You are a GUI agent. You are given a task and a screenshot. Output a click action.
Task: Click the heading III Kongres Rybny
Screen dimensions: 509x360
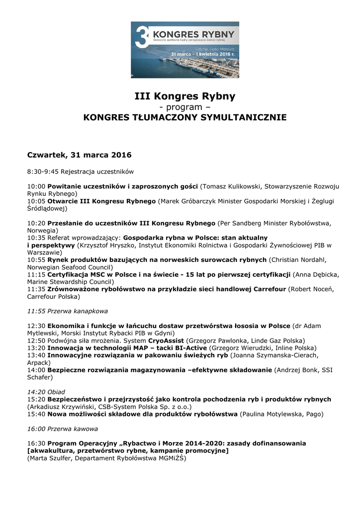(x=184, y=96)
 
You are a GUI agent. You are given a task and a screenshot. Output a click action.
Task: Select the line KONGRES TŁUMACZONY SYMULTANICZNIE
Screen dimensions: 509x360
(x=184, y=118)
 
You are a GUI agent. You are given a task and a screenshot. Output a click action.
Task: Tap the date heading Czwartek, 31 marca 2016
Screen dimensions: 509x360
(x=79, y=155)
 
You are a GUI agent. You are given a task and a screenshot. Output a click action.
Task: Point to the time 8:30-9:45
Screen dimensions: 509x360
(x=43, y=172)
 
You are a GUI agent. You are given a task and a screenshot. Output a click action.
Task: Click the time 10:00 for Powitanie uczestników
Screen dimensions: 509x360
(x=36, y=186)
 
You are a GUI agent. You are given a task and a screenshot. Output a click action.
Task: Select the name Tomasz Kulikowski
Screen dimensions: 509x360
(x=231, y=186)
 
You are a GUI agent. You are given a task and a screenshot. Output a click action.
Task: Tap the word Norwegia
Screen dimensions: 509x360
(x=42, y=231)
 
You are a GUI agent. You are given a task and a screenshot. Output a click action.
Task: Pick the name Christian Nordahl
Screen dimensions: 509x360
(x=297, y=259)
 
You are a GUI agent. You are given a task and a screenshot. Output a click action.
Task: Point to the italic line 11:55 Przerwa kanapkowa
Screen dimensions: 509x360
(x=67, y=311)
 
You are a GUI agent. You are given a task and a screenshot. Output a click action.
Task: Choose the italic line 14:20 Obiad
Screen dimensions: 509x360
(x=46, y=392)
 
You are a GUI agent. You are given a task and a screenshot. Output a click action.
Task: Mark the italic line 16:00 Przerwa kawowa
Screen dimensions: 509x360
(x=62, y=428)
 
